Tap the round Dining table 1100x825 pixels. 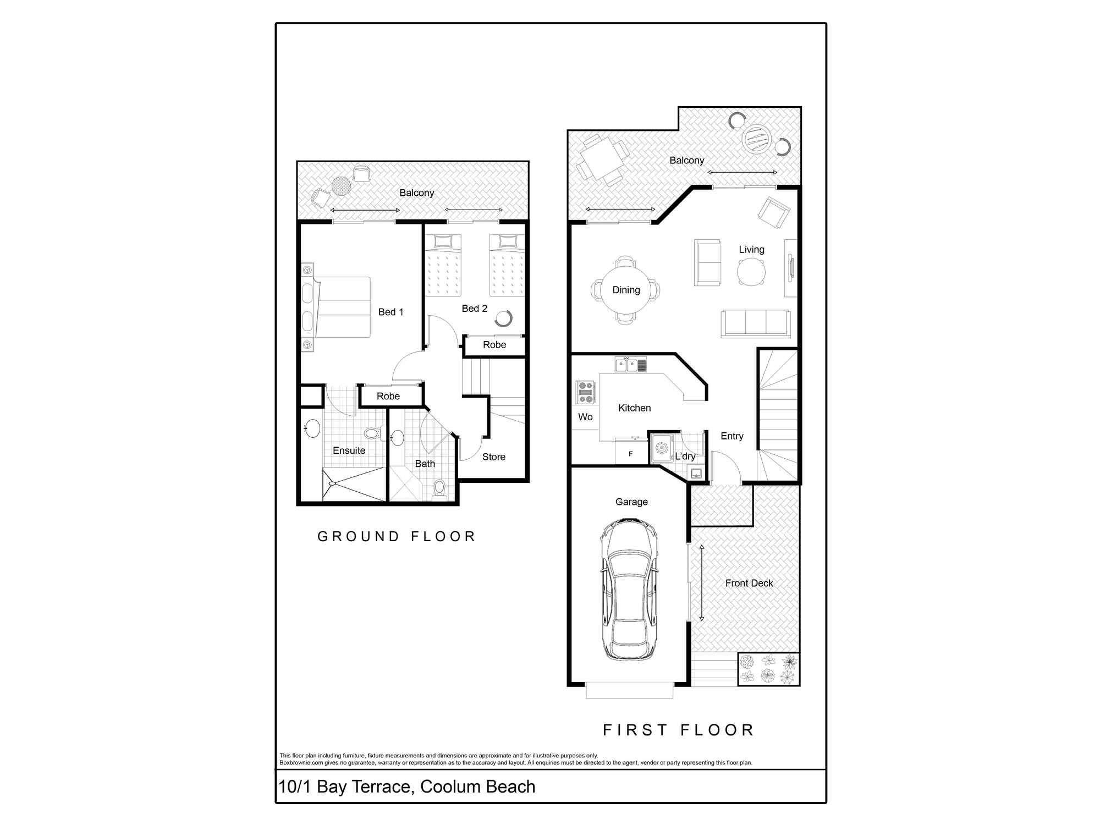point(626,290)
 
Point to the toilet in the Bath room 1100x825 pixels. point(439,488)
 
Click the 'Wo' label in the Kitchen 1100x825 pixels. point(585,417)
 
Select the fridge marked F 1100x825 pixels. point(630,454)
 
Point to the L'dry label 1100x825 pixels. point(685,456)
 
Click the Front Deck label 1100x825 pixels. point(749,583)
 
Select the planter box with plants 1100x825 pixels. point(768,669)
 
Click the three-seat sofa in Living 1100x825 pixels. point(756,323)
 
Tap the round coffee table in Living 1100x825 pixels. point(751,271)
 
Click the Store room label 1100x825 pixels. point(493,457)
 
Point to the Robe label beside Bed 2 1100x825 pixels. point(494,345)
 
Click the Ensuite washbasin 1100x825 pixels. point(312,428)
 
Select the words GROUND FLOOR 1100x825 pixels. point(396,536)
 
